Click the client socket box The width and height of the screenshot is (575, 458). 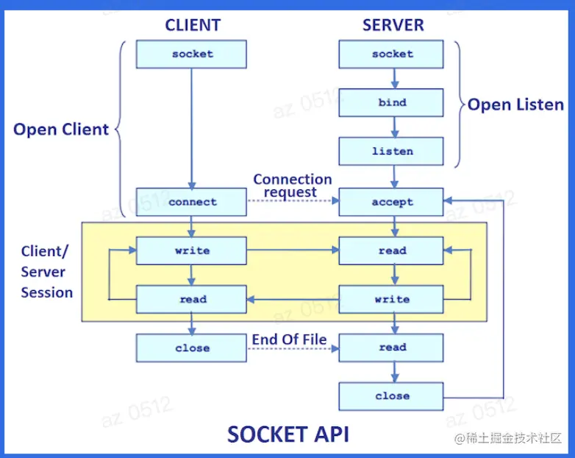(191, 54)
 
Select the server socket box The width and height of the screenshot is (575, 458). (391, 54)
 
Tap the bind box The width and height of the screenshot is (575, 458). (391, 103)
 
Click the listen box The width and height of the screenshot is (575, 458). (391, 152)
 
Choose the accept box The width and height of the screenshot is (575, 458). (391, 202)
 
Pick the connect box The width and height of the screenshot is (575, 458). (191, 202)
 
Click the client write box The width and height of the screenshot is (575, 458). (191, 250)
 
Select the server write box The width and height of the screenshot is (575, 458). (391, 299)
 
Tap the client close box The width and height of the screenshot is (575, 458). (191, 348)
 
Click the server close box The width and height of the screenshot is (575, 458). (391, 396)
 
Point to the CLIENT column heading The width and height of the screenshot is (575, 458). (193, 25)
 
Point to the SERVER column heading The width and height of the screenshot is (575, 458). (393, 25)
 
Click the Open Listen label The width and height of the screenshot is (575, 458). (515, 105)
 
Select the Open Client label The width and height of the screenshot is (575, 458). (61, 130)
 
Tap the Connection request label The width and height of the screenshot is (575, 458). (292, 186)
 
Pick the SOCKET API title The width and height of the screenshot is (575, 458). (287, 434)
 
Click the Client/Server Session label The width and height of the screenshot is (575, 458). (46, 272)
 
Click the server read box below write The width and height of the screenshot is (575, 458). (391, 348)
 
